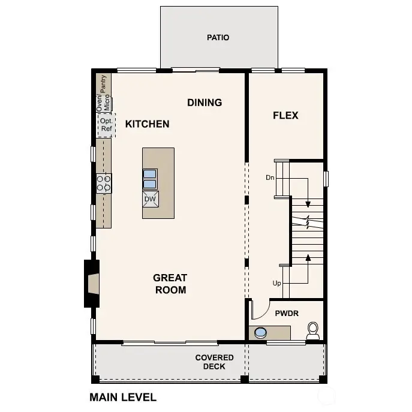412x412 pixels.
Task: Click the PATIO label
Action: (218, 37)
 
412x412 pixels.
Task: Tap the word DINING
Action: (205, 103)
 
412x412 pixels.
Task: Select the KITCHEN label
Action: (147, 124)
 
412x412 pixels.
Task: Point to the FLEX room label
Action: (285, 115)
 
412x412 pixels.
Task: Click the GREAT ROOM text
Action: (170, 284)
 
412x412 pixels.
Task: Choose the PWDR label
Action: (287, 313)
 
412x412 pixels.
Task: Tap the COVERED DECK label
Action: (214, 362)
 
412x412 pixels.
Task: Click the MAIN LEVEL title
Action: (123, 397)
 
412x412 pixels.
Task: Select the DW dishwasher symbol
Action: (150, 199)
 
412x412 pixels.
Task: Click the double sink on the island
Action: (149, 179)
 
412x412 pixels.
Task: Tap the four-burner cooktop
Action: (104, 183)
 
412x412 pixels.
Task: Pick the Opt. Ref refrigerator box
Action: (106, 125)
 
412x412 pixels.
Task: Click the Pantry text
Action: (104, 83)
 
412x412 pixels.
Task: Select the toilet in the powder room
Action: (312, 330)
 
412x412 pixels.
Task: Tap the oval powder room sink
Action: (260, 332)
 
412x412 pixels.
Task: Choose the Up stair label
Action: (276, 282)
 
